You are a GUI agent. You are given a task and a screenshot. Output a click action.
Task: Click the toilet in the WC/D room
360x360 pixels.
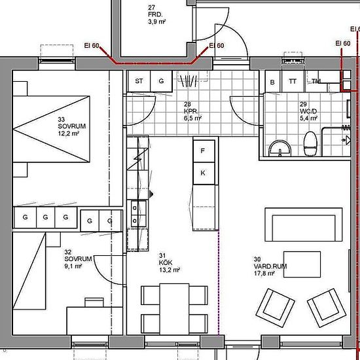310,144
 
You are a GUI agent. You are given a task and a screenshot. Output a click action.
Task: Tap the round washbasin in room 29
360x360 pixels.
280,149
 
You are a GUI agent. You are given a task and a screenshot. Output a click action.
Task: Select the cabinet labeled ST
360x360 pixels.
139,81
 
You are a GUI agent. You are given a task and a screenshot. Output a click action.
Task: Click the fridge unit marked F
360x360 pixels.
204,151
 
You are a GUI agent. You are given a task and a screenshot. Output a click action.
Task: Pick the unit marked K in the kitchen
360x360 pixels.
204,173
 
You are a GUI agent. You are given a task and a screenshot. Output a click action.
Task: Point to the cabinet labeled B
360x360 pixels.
272,82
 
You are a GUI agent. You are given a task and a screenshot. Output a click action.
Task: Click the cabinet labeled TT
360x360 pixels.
293,82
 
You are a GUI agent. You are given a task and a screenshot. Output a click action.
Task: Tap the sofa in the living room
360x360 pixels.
304,225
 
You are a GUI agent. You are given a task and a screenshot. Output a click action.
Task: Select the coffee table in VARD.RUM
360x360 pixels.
302,264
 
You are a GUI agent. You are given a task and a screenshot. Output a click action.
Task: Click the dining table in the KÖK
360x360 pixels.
174,309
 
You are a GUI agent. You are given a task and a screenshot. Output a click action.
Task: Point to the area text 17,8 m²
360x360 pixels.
264,274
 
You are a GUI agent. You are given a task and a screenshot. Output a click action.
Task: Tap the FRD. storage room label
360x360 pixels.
156,14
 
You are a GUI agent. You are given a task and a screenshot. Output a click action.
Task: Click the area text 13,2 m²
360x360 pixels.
170,270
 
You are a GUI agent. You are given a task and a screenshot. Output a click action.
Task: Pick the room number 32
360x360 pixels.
67,252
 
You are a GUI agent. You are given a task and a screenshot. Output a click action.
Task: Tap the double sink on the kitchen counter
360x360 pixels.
139,214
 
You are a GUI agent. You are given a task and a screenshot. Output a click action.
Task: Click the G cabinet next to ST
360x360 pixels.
161,81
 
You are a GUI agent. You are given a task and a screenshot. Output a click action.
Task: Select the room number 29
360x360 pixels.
303,104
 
